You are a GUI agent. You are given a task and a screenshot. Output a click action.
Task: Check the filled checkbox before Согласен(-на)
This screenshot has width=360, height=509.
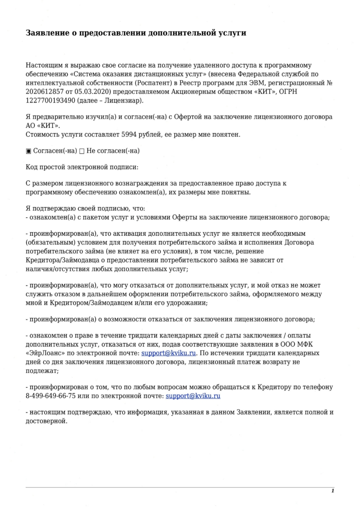[x=28, y=150]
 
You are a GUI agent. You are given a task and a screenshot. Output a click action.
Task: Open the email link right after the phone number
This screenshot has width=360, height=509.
[x=193, y=396]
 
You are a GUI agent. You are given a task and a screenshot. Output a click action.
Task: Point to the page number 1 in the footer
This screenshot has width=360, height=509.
[x=333, y=491]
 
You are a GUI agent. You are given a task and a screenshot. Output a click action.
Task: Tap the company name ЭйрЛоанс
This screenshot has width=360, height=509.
[x=46, y=353]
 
